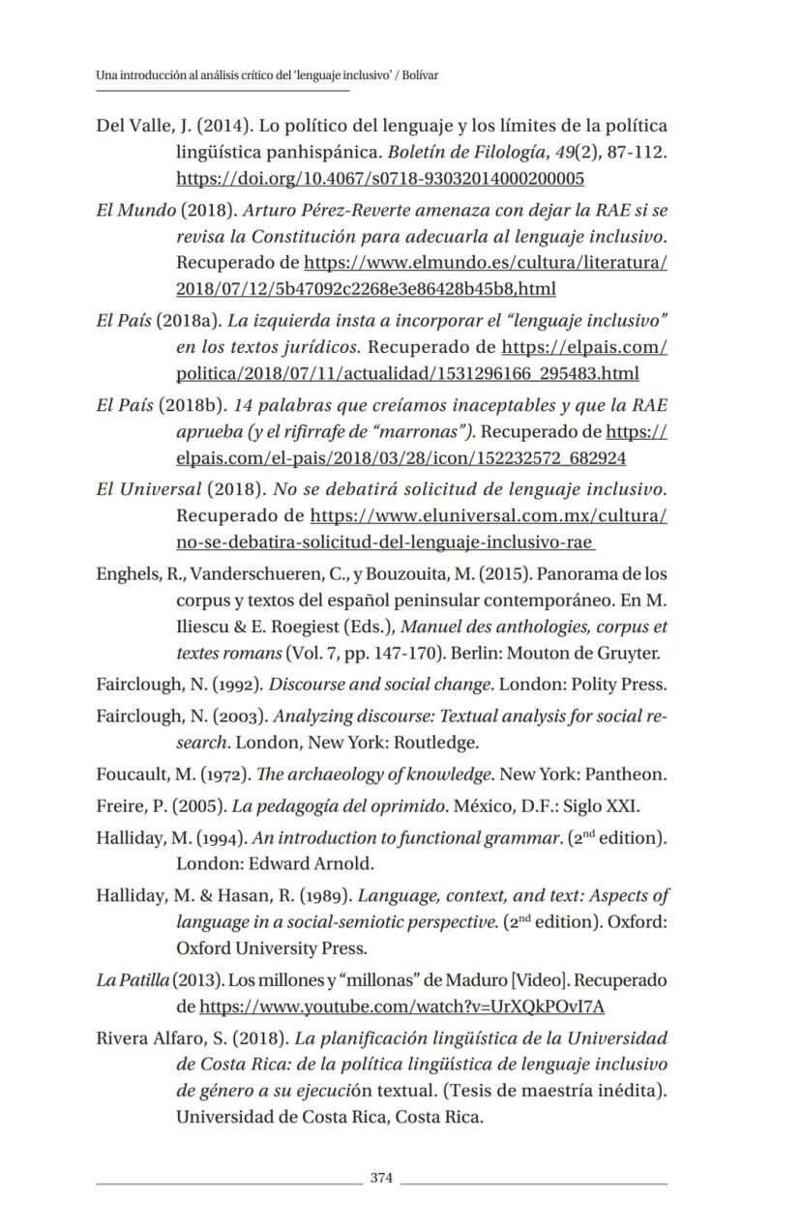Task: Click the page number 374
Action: coord(382,1178)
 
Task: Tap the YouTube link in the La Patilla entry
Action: coord(401,1007)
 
